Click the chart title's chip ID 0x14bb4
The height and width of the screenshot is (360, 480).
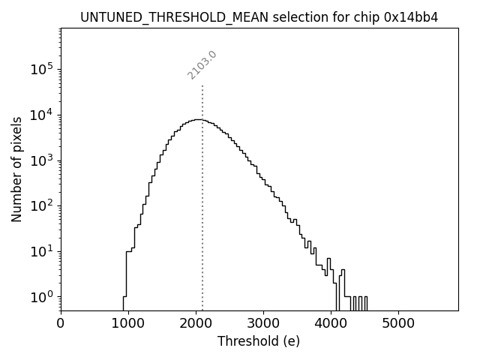tap(411, 17)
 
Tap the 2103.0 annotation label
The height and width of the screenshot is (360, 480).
tap(202, 65)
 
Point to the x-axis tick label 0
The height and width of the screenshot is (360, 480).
tap(61, 324)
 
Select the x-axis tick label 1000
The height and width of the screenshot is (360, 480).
tap(128, 324)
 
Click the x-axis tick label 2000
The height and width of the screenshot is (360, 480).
tap(196, 324)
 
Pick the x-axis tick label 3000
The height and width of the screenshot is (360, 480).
tap(263, 324)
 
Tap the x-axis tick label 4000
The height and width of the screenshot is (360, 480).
tap(331, 324)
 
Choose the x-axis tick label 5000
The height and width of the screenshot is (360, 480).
tap(398, 324)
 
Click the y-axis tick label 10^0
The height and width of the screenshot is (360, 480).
tap(42, 297)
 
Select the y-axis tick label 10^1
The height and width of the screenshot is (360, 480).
tap(42, 251)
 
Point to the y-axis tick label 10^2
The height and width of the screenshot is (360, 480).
tap(42, 205)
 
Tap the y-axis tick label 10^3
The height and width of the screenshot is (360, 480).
tap(42, 160)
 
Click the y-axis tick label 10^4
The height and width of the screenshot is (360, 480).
tap(42, 115)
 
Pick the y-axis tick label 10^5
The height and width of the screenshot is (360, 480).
tap(42, 70)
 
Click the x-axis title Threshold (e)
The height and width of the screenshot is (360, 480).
tap(259, 341)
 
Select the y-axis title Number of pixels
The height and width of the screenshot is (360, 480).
tap(16, 169)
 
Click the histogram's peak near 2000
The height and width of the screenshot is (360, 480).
tap(196, 119)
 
